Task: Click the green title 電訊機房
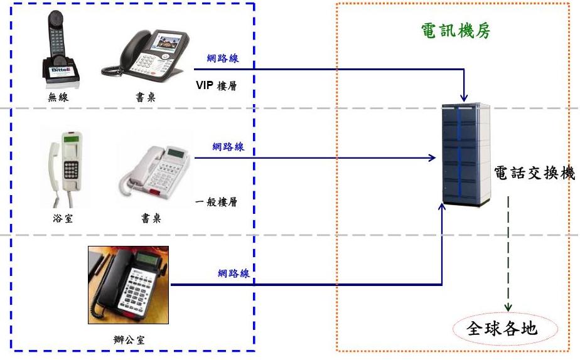[x=456, y=31]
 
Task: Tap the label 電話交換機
[x=535, y=174]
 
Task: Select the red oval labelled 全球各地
[x=503, y=328]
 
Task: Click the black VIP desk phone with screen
[x=143, y=54]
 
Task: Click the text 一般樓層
[x=216, y=202]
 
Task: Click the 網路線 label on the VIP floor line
[x=223, y=59]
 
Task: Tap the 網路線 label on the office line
[x=234, y=273]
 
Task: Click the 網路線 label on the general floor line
[x=228, y=147]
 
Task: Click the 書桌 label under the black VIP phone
[x=144, y=97]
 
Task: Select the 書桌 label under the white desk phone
[x=151, y=220]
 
